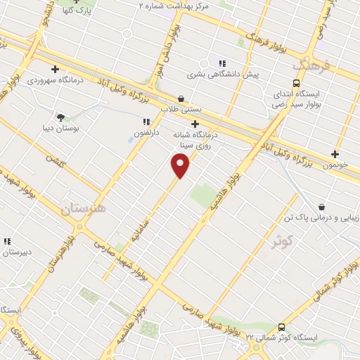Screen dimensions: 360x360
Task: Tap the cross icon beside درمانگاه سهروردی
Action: [55, 69]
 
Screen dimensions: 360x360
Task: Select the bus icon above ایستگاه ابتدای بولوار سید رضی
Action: [295, 82]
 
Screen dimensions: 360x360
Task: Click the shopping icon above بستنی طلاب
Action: [182, 98]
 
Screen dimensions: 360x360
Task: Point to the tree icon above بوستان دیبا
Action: [60, 118]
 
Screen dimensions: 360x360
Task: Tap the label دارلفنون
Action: [147, 132]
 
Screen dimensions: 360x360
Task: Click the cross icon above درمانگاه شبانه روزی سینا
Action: [195, 124]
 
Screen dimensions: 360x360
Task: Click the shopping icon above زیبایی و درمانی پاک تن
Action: [322, 207]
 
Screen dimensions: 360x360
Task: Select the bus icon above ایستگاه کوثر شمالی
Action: [281, 327]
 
